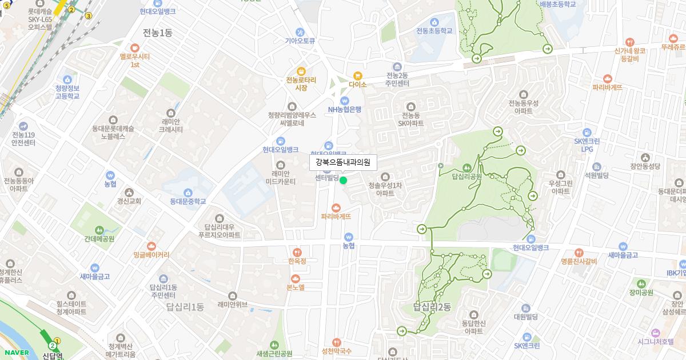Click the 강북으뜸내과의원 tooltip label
[343, 162]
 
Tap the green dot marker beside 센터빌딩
[344, 181]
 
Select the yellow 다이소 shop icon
[358, 75]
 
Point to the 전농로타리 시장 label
[301, 84]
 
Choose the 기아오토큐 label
[300, 41]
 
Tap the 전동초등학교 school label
[434, 31]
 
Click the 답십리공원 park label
[466, 177]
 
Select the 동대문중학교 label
[188, 201]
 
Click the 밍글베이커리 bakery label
[151, 254]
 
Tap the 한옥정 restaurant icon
[297, 252]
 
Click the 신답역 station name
[53, 355]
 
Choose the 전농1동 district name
[157, 33]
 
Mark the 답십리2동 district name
[432, 307]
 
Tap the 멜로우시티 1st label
[135, 61]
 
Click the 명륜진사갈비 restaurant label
[579, 262]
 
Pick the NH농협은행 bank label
[344, 110]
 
